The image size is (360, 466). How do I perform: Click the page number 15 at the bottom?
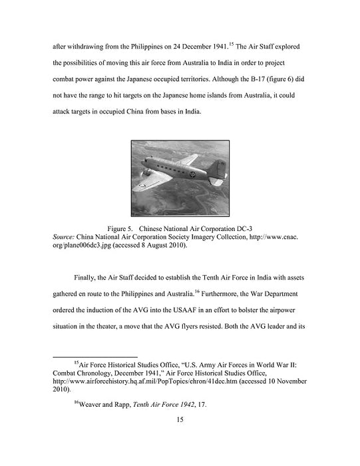pos(180,419)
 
